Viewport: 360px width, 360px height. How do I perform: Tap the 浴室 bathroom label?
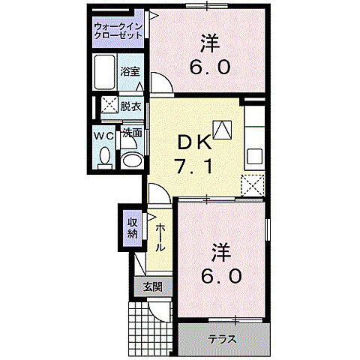tap(130, 72)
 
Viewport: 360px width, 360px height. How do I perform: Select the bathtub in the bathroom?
tap(105, 73)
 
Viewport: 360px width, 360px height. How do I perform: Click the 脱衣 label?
tap(131, 106)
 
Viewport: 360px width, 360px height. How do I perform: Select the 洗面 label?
tap(133, 133)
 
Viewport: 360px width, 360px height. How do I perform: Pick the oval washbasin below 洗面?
tap(133, 159)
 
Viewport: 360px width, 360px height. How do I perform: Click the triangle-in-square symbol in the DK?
tap(222, 128)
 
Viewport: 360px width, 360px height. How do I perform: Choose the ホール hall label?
tap(160, 236)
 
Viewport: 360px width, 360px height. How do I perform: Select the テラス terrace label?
tap(223, 339)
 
